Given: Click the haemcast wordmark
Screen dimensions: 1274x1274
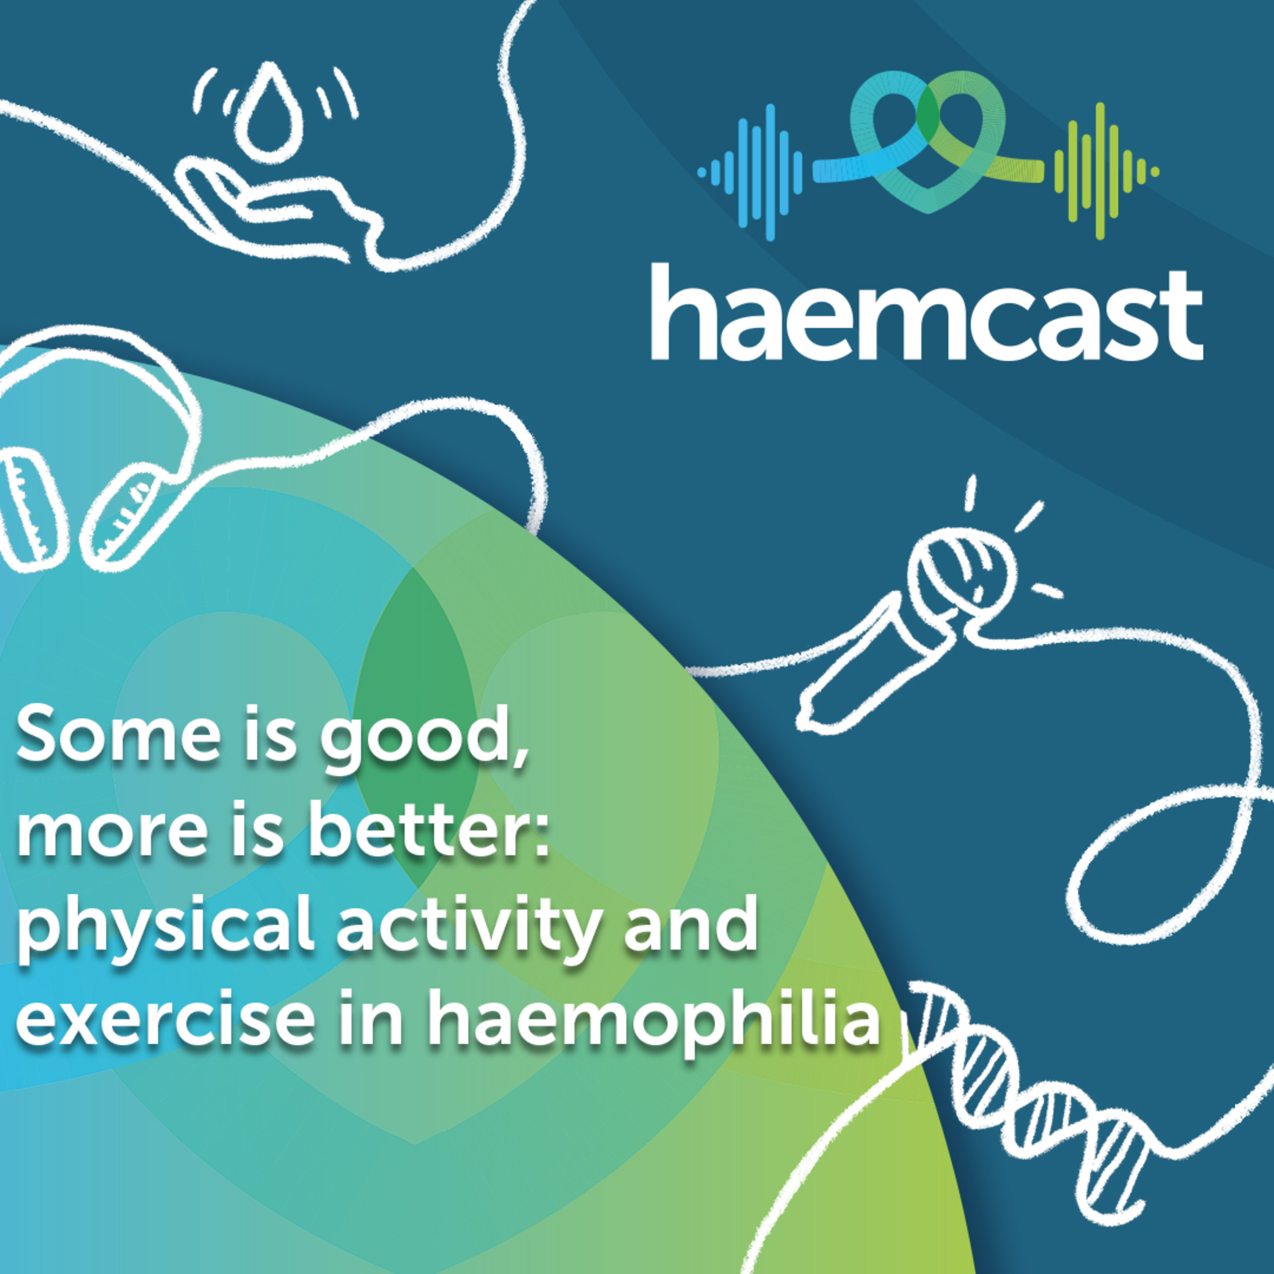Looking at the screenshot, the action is (927, 312).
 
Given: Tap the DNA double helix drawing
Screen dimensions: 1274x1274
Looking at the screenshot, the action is (1042, 1082).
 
